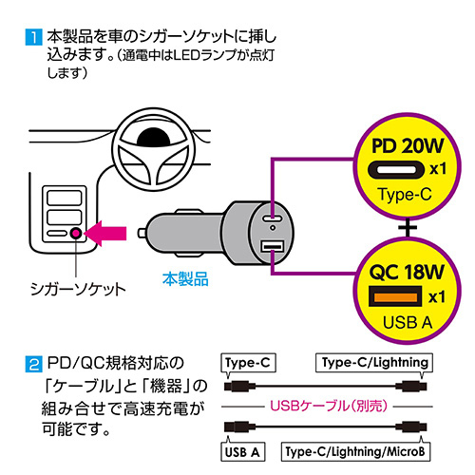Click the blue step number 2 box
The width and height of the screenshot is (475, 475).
coord(33,362)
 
